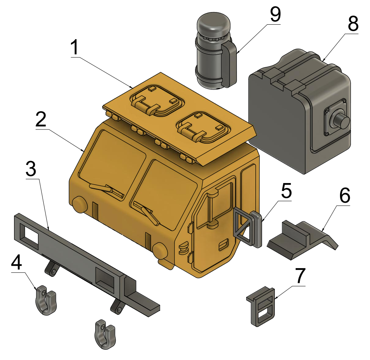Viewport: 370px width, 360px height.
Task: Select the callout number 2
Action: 41,119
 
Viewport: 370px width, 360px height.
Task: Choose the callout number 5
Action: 286,191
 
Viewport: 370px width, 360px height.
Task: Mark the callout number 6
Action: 345,196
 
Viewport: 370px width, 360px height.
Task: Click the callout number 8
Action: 353,24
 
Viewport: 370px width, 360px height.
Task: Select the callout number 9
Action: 275,14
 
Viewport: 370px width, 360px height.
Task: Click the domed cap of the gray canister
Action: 214,25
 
